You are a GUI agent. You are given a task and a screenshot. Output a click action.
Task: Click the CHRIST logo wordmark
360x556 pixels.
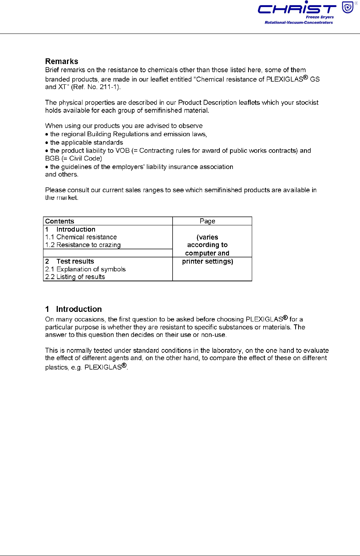click(x=297, y=8)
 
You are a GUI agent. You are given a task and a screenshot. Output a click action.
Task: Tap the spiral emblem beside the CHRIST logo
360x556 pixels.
click(x=347, y=7)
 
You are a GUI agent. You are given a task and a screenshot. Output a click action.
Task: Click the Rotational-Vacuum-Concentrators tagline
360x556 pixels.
click(x=299, y=22)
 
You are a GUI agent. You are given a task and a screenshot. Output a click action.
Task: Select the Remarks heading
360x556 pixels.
click(x=61, y=61)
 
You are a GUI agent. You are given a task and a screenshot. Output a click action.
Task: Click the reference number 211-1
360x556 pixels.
click(x=109, y=87)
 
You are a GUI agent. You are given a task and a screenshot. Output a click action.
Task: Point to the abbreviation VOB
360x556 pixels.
click(x=123, y=151)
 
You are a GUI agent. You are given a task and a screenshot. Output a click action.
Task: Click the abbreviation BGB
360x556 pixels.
click(x=52, y=158)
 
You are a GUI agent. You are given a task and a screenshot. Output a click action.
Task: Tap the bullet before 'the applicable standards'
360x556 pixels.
click(x=47, y=143)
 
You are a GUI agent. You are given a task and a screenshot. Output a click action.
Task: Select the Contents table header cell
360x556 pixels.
click(x=60, y=221)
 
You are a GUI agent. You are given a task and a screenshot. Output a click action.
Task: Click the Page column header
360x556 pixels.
click(x=207, y=221)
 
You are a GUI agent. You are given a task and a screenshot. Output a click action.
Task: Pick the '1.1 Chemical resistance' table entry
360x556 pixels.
click(x=81, y=237)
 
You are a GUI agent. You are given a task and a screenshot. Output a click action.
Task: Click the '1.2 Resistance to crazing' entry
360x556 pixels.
click(x=83, y=245)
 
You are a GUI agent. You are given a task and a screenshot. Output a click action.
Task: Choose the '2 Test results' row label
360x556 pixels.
click(x=70, y=261)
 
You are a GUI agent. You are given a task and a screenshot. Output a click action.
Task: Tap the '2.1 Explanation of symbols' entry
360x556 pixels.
click(x=85, y=269)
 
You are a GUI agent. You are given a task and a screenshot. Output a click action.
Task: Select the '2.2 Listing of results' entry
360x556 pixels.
click(x=75, y=277)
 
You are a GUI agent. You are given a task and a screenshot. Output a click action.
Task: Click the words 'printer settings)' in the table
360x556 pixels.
click(x=208, y=261)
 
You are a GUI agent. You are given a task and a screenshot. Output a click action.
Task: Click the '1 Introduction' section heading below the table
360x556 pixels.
click(x=74, y=309)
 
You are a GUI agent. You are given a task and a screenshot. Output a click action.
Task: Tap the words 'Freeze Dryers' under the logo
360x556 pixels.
click(x=320, y=17)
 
